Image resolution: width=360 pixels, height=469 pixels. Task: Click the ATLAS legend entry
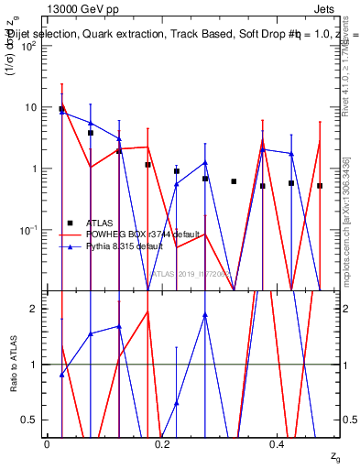101,223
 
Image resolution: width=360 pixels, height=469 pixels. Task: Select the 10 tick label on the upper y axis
31,107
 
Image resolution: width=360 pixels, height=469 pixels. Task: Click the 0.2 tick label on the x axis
161,444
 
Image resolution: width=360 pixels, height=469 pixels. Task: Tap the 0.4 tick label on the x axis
278,444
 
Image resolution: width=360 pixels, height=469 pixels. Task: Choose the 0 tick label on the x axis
47,444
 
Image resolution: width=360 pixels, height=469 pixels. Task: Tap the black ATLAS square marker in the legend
71,223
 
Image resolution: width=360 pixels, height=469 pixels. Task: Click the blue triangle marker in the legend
71,247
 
